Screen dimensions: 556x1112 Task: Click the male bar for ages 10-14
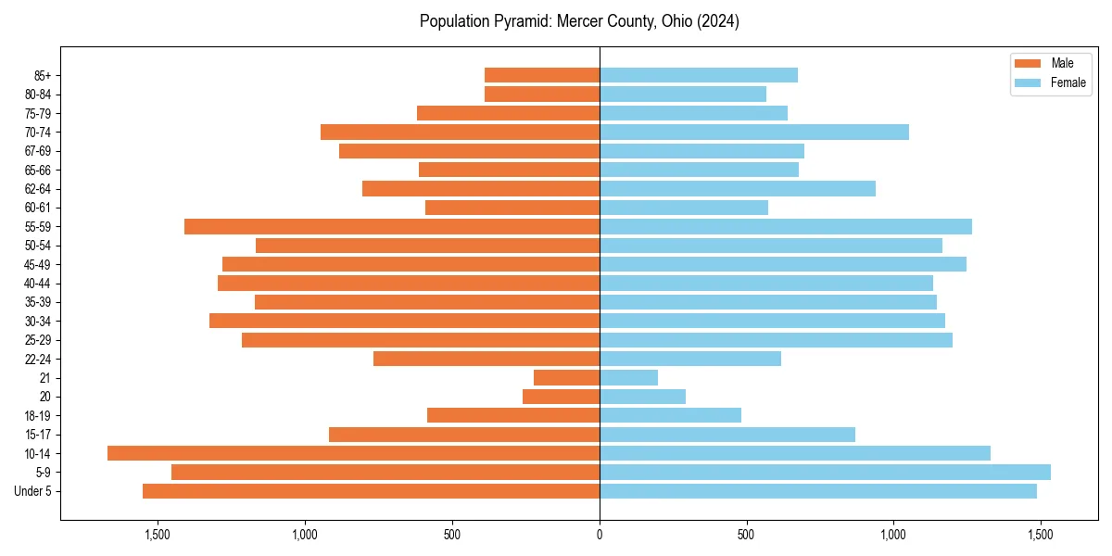coord(353,453)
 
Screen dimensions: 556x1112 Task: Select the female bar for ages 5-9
coord(825,473)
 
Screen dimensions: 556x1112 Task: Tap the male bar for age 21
coord(566,378)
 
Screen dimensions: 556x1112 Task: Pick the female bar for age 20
coord(642,397)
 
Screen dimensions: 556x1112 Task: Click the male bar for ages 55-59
coord(392,226)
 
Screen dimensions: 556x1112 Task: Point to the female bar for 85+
coord(699,75)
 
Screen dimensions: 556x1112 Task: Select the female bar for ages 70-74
coord(754,133)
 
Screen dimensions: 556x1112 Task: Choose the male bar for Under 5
coord(371,491)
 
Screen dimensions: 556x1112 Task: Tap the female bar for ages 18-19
coord(670,415)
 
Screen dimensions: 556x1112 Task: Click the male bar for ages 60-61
coord(512,208)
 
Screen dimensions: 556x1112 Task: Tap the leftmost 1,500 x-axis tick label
coord(158,536)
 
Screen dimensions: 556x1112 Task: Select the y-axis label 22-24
coord(38,359)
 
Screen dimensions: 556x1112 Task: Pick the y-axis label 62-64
coord(38,189)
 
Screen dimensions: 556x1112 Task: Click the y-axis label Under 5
coord(32,491)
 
